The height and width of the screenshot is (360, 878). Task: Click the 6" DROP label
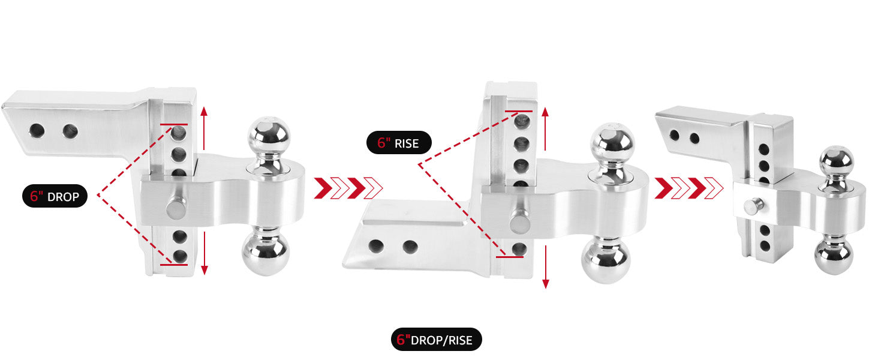click(x=55, y=196)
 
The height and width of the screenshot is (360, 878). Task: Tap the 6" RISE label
click(x=399, y=142)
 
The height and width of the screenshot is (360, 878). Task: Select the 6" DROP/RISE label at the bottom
click(x=436, y=340)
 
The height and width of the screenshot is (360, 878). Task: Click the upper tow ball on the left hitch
click(x=269, y=137)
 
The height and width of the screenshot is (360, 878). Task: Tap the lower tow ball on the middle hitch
click(x=606, y=261)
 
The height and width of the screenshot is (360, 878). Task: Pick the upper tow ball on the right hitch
click(x=837, y=161)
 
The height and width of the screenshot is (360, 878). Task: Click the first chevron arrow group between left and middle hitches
click(x=348, y=188)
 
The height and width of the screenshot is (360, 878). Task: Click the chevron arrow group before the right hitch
click(x=688, y=188)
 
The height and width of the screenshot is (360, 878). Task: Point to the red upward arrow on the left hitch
click(x=204, y=128)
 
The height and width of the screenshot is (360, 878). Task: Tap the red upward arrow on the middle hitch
click(x=545, y=128)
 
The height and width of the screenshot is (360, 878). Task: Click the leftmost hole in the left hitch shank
click(x=37, y=131)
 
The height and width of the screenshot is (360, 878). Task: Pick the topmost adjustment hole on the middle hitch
click(x=521, y=121)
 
